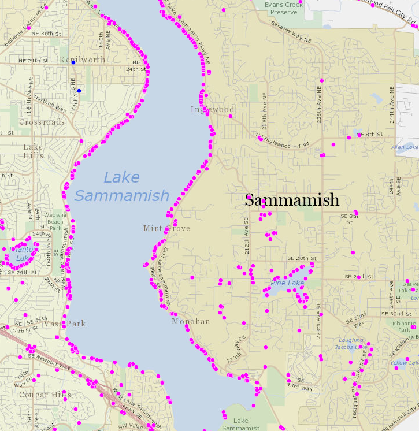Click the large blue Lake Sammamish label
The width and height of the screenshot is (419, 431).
[122, 187]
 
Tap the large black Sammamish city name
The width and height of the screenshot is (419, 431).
[292, 200]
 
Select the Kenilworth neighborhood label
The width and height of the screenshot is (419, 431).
[83, 60]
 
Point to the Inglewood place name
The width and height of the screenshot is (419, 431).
[213, 109]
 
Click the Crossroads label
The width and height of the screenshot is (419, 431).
[42, 122]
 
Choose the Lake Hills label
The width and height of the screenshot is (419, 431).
[33, 151]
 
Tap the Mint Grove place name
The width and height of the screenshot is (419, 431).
[166, 228]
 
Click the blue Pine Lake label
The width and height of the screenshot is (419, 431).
[287, 283]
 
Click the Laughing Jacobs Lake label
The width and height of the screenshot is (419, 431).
[351, 344]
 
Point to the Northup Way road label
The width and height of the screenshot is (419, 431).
[50, 103]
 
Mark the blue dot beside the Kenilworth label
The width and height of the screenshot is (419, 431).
[73, 62]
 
